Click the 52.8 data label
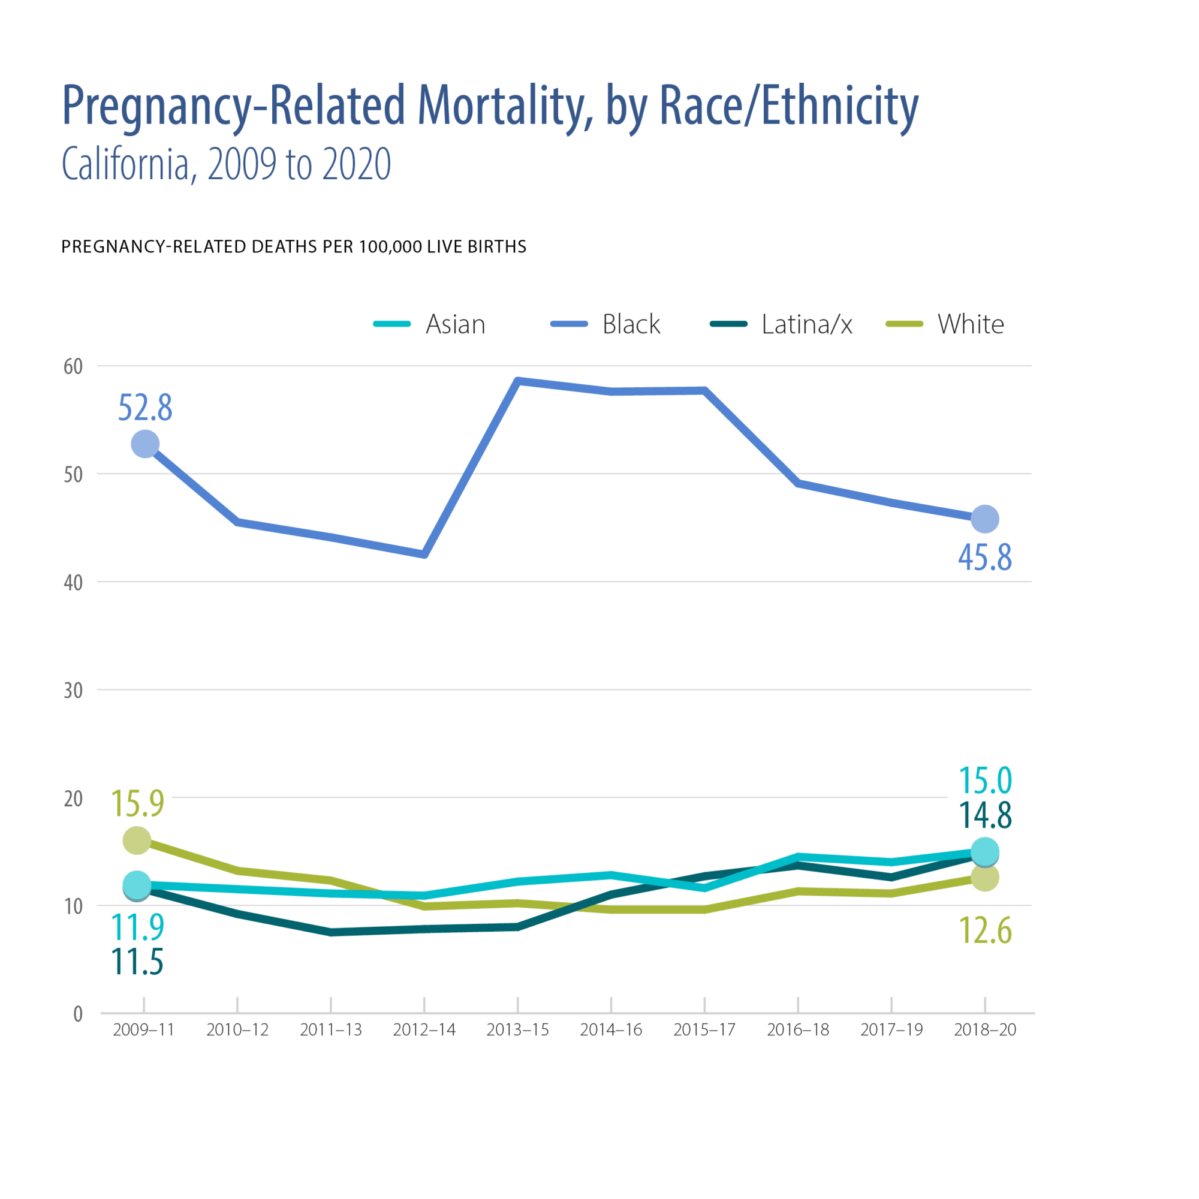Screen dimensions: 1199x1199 pyautogui.click(x=145, y=408)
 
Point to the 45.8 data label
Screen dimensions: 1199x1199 pyautogui.click(x=985, y=557)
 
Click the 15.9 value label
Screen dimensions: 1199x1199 pyautogui.click(x=138, y=803)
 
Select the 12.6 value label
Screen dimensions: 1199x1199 pyautogui.click(x=985, y=930)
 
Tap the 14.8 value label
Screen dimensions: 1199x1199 pyautogui.click(x=985, y=815)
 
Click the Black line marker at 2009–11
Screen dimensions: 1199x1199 pyautogui.click(x=145, y=444)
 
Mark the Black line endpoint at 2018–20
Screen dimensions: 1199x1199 pyautogui.click(x=985, y=519)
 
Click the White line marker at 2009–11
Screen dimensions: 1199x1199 pyautogui.click(x=137, y=840)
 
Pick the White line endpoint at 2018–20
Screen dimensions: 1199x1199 pyautogui.click(x=985, y=878)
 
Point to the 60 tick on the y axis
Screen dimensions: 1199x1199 pyautogui.click(x=73, y=367)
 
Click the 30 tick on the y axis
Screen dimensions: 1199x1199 pyautogui.click(x=73, y=690)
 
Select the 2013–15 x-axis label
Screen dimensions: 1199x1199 pyautogui.click(x=517, y=1030)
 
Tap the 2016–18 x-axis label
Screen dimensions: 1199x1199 pyautogui.click(x=798, y=1030)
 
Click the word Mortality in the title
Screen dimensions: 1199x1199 pyautogui.click(x=501, y=106)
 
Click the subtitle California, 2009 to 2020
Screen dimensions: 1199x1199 pyautogui.click(x=227, y=164)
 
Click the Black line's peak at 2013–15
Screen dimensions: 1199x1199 pyautogui.click(x=517, y=381)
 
